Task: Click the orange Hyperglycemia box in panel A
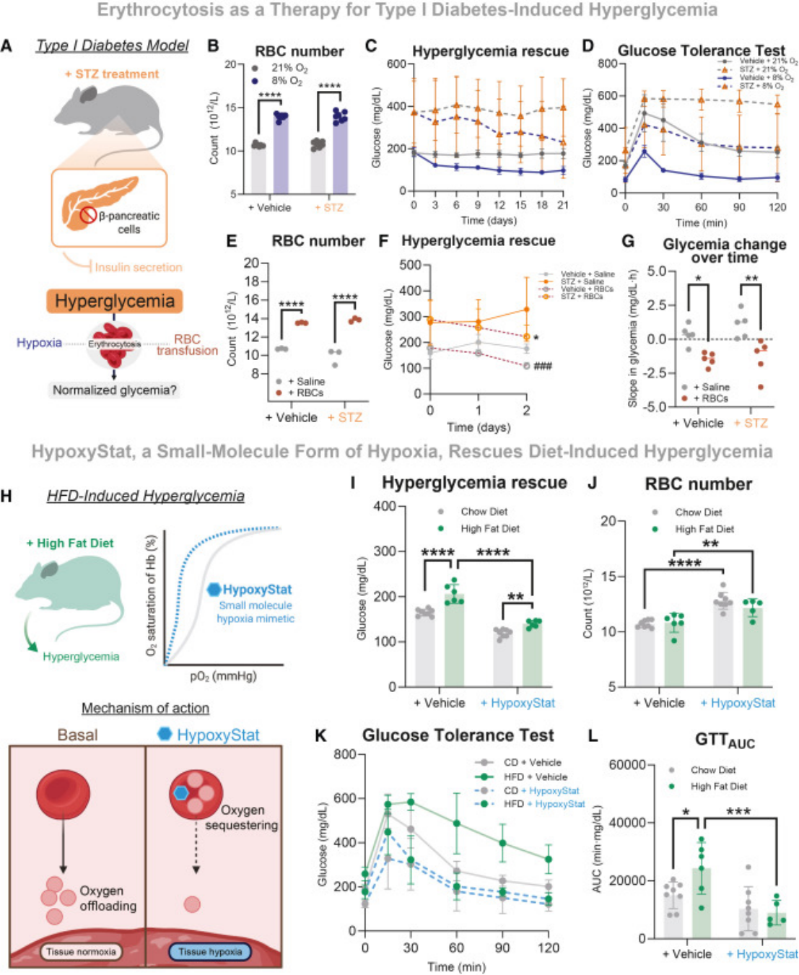click(x=115, y=301)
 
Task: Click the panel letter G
click(x=628, y=241)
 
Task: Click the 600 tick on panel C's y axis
click(x=396, y=64)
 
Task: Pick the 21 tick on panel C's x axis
click(x=563, y=205)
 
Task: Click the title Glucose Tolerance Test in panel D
click(x=701, y=51)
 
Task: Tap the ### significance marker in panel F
click(x=543, y=366)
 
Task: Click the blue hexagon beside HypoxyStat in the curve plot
click(x=214, y=590)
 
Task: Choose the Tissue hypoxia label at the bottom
click(x=210, y=952)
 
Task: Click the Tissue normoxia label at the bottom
click(x=81, y=952)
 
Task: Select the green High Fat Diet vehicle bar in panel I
click(x=454, y=639)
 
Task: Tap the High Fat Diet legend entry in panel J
click(x=704, y=529)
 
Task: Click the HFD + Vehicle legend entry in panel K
click(x=535, y=777)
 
